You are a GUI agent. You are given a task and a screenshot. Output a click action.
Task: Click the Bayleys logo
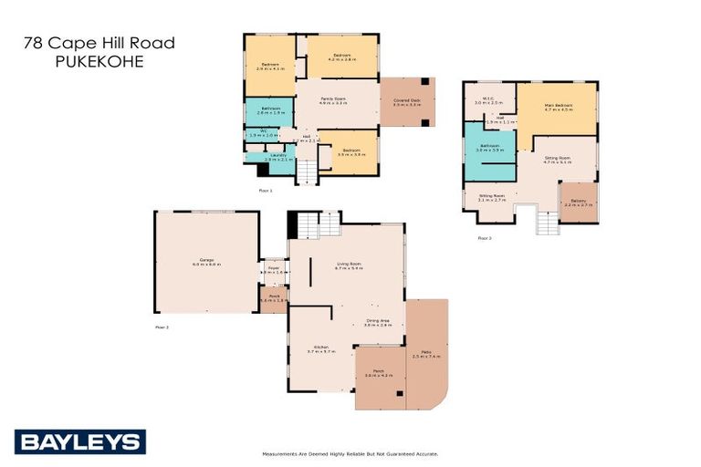79,442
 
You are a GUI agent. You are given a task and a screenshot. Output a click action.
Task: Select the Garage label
206,259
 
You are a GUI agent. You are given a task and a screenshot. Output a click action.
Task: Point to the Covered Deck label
406,101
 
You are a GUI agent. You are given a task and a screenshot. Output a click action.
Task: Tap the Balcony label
578,201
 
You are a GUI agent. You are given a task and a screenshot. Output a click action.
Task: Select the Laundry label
277,156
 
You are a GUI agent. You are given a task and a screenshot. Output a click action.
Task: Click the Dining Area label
378,321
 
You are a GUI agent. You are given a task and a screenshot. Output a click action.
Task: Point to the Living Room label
349,265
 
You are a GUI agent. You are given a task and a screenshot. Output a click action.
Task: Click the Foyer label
273,268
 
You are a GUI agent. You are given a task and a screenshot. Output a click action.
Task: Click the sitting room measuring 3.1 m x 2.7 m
491,197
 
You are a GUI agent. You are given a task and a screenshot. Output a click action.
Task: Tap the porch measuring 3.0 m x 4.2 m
378,372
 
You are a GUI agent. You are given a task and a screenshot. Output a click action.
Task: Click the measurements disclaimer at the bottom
350,453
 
